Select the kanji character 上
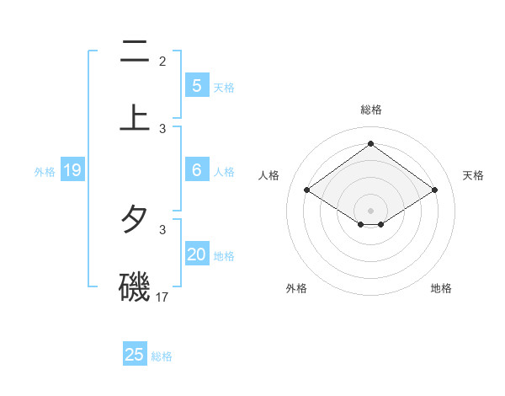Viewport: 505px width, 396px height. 135,117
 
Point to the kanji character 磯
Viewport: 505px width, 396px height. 135,286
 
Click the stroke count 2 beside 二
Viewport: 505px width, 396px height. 162,61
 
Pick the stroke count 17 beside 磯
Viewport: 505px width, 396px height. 163,297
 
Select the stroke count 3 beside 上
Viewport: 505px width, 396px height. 162,128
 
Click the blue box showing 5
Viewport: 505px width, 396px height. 196,86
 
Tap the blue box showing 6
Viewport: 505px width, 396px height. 196,170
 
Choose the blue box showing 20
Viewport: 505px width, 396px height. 196,254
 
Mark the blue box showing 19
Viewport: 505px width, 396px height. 72,171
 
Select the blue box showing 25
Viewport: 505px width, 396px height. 135,355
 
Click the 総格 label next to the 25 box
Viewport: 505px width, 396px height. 162,356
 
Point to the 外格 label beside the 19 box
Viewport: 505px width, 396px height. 45,172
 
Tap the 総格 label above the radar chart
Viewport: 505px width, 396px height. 371,110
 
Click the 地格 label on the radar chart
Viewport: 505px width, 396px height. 441,288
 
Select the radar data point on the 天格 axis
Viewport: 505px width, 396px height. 434,190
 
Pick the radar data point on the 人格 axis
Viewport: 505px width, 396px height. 307,190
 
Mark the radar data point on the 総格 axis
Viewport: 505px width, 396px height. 371,143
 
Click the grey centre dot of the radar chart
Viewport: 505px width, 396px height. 371,210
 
